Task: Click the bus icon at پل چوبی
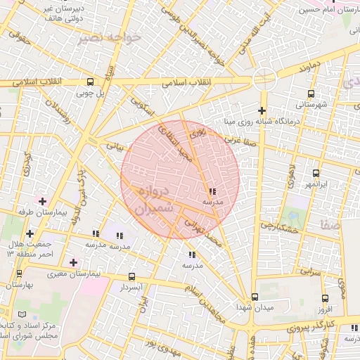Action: coord(89,82)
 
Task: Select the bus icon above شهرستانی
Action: coord(311,94)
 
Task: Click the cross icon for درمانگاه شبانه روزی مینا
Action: coord(262,110)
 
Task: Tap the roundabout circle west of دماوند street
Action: coord(264,79)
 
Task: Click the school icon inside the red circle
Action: coord(212,191)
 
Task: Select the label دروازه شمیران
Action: coord(150,200)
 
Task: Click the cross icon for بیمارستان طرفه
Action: coord(43,202)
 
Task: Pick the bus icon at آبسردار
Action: coord(132,277)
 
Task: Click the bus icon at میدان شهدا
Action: coord(255,297)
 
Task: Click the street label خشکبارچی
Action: coord(279,226)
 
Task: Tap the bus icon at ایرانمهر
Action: coord(316,173)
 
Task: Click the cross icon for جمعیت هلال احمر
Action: coord(29,233)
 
